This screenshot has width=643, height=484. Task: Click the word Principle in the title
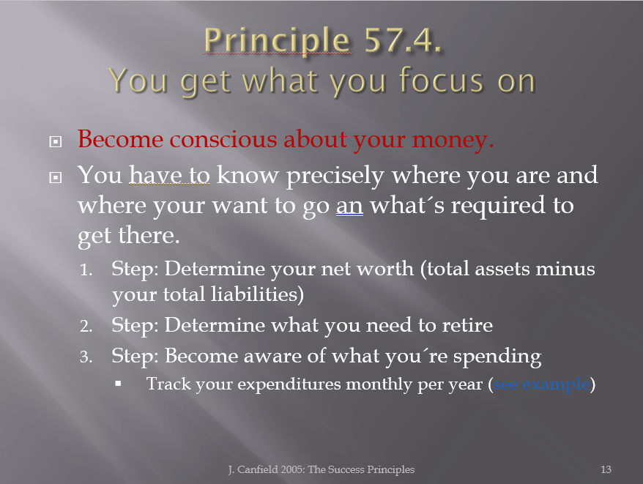pyautogui.click(x=278, y=40)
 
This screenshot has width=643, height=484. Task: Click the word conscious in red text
pyautogui.click(x=223, y=139)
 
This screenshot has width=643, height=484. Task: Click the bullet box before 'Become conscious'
pyautogui.click(x=56, y=141)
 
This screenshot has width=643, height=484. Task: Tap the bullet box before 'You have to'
pyautogui.click(x=56, y=177)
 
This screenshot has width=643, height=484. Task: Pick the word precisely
pyautogui.click(x=335, y=176)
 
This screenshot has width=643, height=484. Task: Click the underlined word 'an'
pyautogui.click(x=349, y=206)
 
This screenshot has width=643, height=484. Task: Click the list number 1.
pyautogui.click(x=86, y=270)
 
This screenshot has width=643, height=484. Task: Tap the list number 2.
pyautogui.click(x=86, y=326)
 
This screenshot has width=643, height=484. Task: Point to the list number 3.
pyautogui.click(x=86, y=357)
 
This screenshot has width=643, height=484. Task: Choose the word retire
pyautogui.click(x=467, y=325)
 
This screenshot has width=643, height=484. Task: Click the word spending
pyautogui.click(x=497, y=357)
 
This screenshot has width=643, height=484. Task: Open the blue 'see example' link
pyautogui.click(x=541, y=384)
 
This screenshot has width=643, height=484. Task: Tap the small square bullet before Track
pyautogui.click(x=118, y=384)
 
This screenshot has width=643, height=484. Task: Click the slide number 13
pyautogui.click(x=606, y=469)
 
